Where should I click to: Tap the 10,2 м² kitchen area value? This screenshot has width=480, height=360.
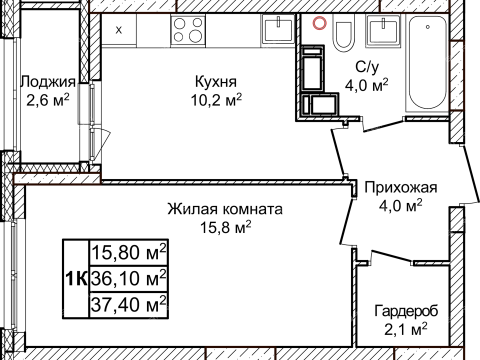point(215,100)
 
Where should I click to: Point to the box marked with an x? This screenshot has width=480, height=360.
point(119,30)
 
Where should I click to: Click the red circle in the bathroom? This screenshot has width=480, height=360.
point(320,22)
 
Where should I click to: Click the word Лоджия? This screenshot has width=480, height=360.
point(47,81)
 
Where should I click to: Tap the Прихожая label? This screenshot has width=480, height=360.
point(401,187)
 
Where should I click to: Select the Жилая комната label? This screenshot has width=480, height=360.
point(225,210)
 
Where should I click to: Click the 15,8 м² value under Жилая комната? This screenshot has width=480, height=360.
point(225,228)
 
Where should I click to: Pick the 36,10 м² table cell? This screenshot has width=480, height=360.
point(129,276)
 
